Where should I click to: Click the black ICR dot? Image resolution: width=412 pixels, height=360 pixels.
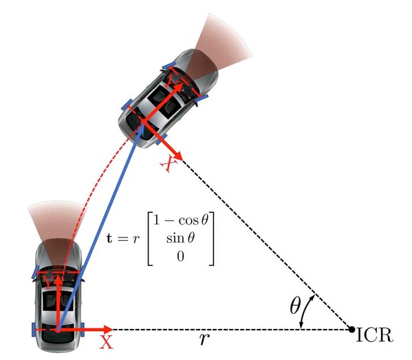click(351, 329)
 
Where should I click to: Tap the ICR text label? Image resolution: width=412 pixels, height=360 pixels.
click(375, 335)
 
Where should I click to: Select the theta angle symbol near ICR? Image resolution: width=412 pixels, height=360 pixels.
click(295, 306)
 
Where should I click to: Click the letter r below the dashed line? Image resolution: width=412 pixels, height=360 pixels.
click(204, 339)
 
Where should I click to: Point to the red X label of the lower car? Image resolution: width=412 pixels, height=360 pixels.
click(106, 342)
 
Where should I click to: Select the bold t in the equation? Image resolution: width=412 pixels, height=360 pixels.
click(109, 238)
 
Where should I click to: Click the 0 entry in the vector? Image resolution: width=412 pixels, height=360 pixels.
click(180, 256)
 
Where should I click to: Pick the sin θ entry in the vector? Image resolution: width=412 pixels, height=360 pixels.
click(180, 238)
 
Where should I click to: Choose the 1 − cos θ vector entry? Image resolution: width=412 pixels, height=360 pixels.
click(180, 220)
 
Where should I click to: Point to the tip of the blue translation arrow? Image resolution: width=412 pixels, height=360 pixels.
click(143, 123)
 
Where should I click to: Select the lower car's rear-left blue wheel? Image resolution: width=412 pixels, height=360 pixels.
click(34, 330)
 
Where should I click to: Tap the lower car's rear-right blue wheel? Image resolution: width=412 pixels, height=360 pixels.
click(83, 330)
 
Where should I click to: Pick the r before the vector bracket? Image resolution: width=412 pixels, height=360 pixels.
click(135, 239)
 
